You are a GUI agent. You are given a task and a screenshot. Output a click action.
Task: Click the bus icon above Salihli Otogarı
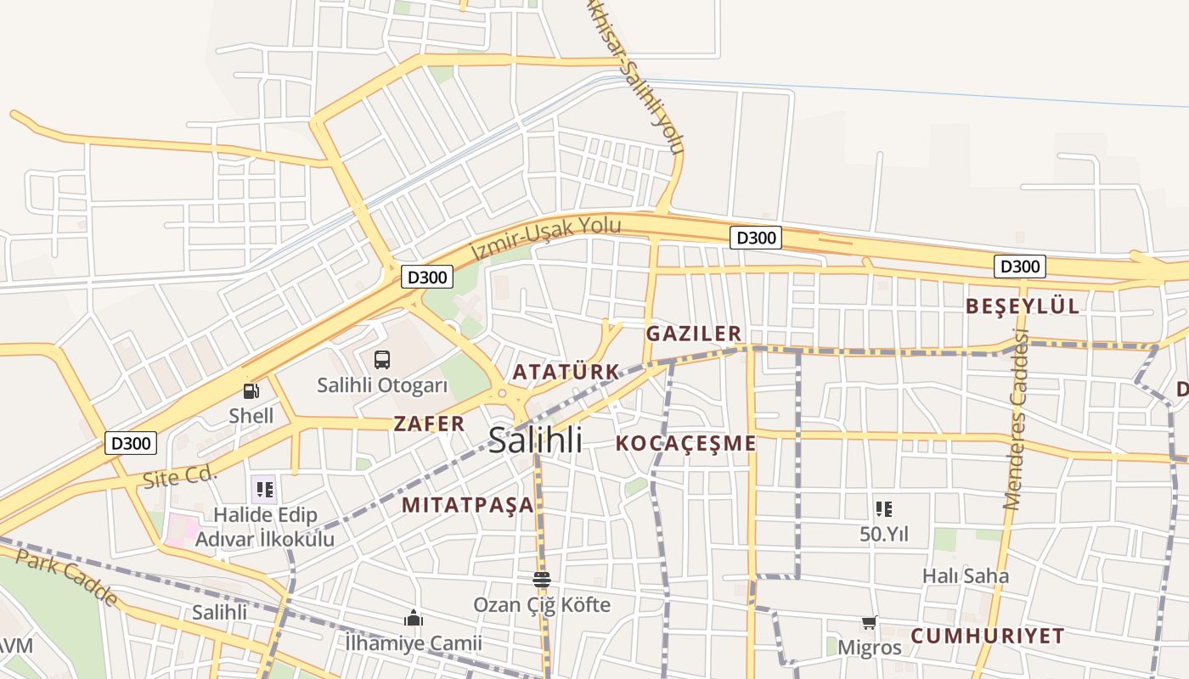tap(382, 359)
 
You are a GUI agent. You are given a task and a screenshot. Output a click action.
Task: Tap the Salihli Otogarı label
tap(382, 385)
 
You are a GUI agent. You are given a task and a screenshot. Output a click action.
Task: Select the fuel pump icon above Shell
tap(251, 390)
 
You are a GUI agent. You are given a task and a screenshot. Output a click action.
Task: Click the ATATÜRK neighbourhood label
tap(566, 372)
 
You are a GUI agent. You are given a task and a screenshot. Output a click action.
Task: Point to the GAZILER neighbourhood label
tap(694, 334)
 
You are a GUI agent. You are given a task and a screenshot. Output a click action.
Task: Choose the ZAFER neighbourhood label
tap(430, 424)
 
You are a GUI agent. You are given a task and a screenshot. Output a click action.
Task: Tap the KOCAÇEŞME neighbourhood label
tap(685, 443)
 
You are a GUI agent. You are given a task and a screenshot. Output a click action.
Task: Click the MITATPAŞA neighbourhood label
tap(468, 505)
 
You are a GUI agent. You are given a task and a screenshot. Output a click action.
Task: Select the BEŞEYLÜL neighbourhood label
tap(1023, 306)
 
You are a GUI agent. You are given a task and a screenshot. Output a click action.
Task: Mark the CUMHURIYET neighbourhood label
tap(988, 636)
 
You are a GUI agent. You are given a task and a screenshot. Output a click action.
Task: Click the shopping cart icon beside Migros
tap(869, 623)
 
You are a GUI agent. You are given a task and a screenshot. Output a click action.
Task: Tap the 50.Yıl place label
tap(884, 534)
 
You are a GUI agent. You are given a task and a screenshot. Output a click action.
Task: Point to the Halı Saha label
tap(966, 576)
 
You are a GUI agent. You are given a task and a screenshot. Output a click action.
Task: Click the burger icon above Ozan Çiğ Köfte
tap(542, 580)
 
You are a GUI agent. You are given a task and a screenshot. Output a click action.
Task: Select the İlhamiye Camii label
tap(414, 643)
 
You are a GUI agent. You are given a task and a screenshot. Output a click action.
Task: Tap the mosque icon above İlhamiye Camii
tap(414, 618)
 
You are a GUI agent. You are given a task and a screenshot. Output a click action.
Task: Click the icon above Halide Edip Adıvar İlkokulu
tap(264, 489)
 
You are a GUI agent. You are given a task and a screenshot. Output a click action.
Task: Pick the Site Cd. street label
tap(180, 476)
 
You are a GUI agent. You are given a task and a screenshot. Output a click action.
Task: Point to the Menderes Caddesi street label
tap(1016, 420)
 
